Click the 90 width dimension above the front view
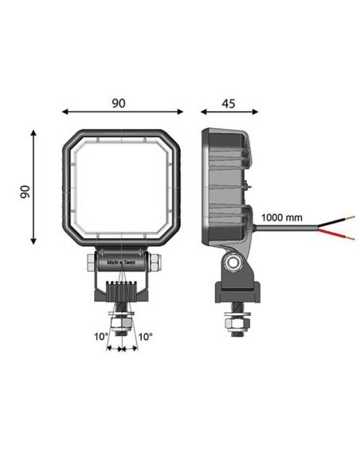[x=119, y=104]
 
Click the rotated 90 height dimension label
[x=25, y=191]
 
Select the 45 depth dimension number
[x=230, y=104]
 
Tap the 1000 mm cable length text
[x=282, y=217]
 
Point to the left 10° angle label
[x=100, y=337]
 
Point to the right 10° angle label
[x=145, y=337]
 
